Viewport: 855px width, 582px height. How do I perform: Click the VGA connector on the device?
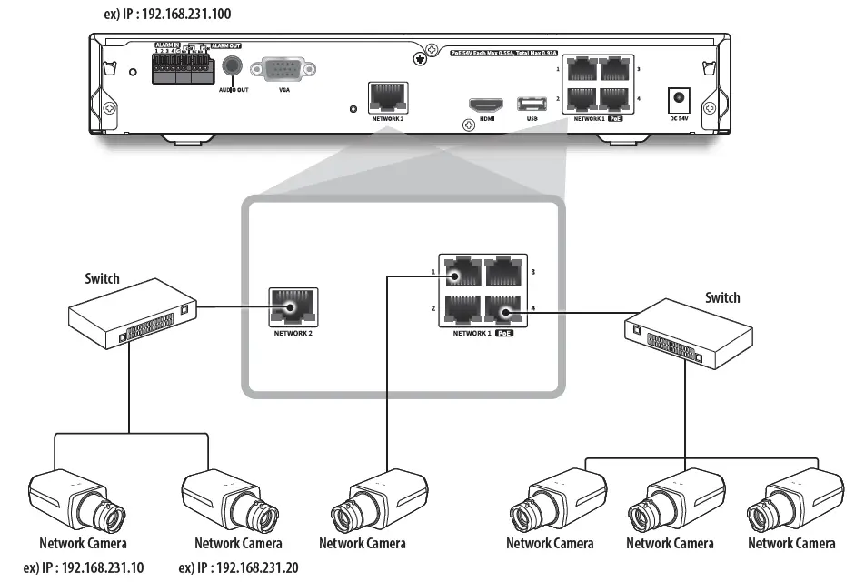coord(283,71)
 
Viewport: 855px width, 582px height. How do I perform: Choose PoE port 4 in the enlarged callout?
coord(503,312)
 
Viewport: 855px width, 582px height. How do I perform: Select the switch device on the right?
coord(686,332)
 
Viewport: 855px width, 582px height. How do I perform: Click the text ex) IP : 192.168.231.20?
coord(238,567)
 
